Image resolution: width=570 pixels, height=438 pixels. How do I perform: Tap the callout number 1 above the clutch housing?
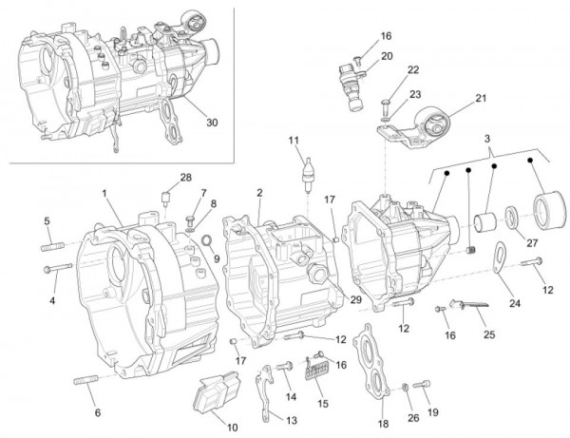[105, 193]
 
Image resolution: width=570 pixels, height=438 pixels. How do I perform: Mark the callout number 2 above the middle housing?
[258, 193]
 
